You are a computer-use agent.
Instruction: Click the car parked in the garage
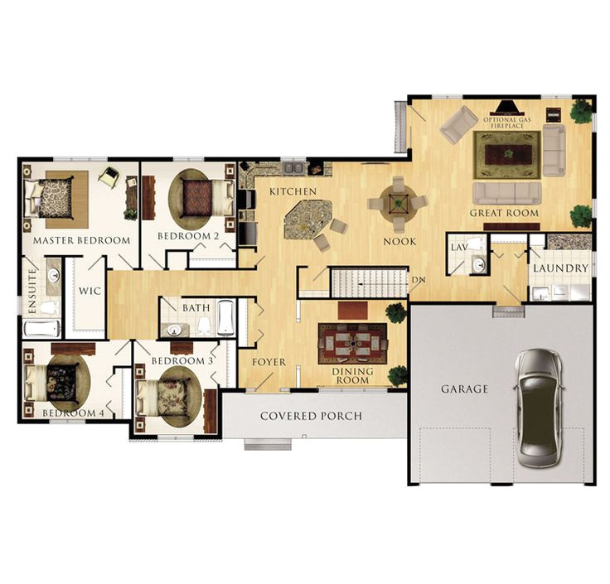537,408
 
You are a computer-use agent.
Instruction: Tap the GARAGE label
464,389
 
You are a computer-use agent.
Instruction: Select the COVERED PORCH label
311,416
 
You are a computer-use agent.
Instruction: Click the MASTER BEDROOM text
81,240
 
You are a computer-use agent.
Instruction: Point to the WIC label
88,291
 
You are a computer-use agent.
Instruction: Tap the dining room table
353,343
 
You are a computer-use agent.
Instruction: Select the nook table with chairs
399,201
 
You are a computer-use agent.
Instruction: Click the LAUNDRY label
560,268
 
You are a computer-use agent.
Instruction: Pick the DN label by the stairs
418,279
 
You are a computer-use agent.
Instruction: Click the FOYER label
269,362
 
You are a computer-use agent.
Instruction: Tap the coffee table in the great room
506,154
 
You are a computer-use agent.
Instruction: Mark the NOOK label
399,241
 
